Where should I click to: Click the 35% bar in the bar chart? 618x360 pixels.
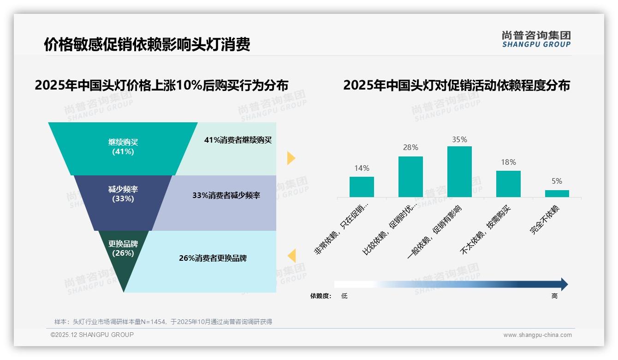[459, 172]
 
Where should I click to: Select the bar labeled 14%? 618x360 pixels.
[362, 187]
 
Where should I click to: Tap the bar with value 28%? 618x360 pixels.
[410, 177]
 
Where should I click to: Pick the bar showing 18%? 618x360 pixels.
[508, 184]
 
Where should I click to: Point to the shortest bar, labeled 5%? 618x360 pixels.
[557, 193]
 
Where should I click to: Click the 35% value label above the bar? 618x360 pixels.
[459, 139]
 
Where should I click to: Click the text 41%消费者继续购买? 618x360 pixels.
[238, 140]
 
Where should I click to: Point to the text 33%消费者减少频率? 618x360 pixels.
[226, 196]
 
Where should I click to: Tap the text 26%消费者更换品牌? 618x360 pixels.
[213, 258]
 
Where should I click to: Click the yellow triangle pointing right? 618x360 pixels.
[291, 158]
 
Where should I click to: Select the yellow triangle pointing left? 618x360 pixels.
[291, 256]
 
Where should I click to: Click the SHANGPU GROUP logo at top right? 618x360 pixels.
[536, 39]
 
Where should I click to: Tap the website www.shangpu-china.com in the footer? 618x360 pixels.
[537, 335]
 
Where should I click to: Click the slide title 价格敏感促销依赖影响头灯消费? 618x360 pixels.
[147, 45]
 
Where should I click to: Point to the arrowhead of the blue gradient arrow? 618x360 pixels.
[564, 284]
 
